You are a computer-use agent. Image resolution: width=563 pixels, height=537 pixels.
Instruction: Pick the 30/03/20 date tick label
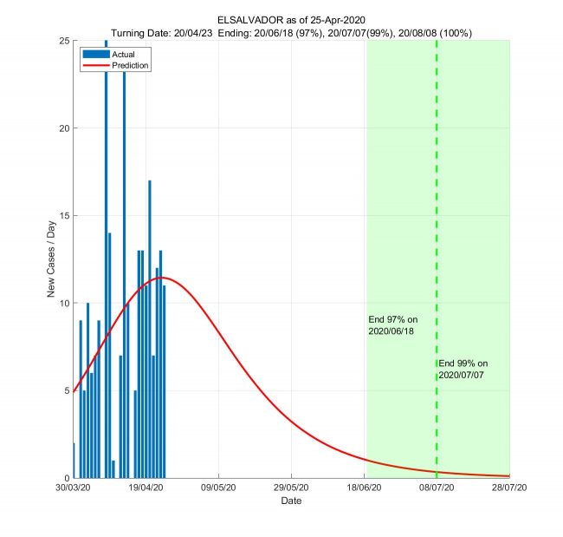pyautogui.click(x=74, y=489)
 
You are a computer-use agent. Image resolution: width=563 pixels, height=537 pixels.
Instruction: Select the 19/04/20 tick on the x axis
pyautogui.click(x=146, y=489)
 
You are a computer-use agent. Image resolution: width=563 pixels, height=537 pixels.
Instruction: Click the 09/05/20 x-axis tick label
pyautogui.click(x=219, y=489)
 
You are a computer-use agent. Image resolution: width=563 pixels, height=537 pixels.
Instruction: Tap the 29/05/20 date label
pyautogui.click(x=292, y=489)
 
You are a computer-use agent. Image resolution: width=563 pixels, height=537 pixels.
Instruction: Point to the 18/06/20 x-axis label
pyautogui.click(x=365, y=489)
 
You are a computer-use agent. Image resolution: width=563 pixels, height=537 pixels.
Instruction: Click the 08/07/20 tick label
pyautogui.click(x=437, y=489)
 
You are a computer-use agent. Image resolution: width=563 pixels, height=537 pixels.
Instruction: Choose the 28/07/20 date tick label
pyautogui.click(x=509, y=489)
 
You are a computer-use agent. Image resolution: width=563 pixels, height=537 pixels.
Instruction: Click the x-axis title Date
pyautogui.click(x=291, y=501)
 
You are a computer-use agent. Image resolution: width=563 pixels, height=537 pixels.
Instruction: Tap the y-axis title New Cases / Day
pyautogui.click(x=51, y=259)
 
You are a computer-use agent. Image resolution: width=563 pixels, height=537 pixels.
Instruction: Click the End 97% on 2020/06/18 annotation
pyautogui.click(x=392, y=325)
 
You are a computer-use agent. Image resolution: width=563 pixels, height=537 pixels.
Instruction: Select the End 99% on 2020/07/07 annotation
pyautogui.click(x=463, y=368)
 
